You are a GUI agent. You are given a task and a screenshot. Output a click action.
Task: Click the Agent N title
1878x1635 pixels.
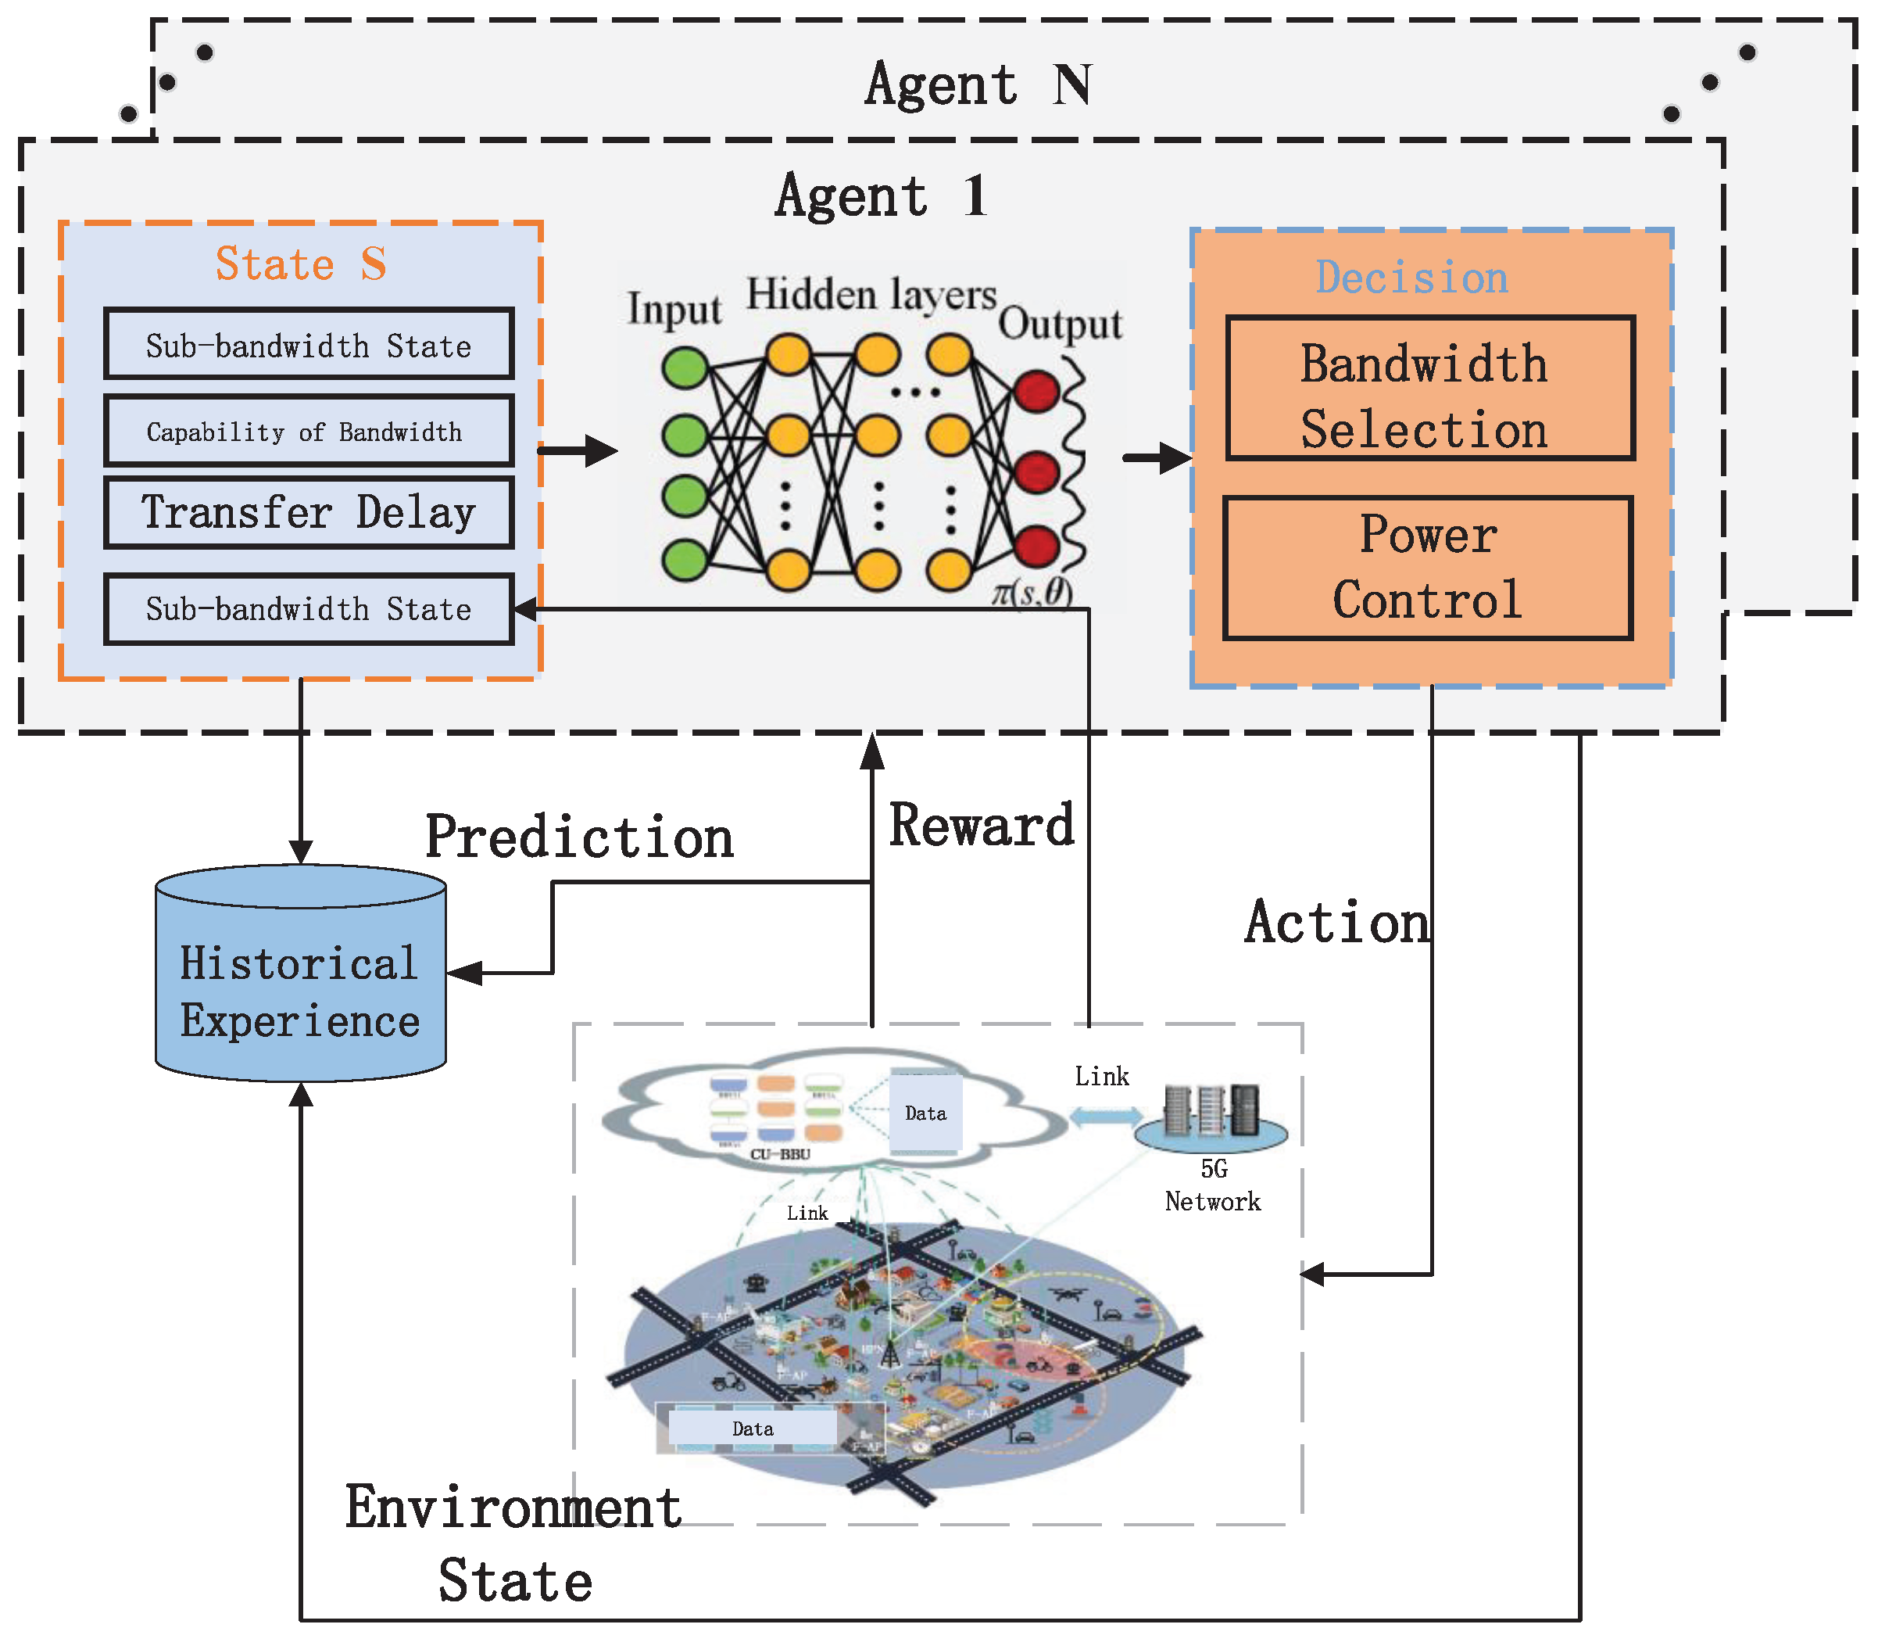coord(978,85)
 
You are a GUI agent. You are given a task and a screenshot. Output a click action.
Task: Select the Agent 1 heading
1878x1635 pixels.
coord(881,195)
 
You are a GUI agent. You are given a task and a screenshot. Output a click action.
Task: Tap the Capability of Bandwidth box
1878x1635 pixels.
coord(308,431)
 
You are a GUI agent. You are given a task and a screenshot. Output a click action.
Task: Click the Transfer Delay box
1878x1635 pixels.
coord(308,512)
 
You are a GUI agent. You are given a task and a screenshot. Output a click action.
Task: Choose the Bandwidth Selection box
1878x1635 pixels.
coord(1429,389)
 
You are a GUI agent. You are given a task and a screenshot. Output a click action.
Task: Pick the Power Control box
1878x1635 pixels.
coord(1426,568)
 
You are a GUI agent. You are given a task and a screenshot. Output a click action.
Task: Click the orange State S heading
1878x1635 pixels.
coord(301,264)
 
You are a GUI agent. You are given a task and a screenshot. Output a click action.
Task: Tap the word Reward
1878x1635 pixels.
coord(982,825)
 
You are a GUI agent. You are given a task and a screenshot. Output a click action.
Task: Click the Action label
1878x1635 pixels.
coord(1336,922)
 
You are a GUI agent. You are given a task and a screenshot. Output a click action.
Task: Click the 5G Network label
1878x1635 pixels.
coord(1212,1185)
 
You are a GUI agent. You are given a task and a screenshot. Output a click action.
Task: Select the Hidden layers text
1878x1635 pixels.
coord(871,296)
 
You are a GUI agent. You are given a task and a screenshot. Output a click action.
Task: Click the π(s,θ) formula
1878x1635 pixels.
coord(1032,593)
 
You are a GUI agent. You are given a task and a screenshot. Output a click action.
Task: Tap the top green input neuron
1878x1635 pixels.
coord(685,368)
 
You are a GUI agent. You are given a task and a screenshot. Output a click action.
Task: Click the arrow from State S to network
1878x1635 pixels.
coord(578,450)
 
